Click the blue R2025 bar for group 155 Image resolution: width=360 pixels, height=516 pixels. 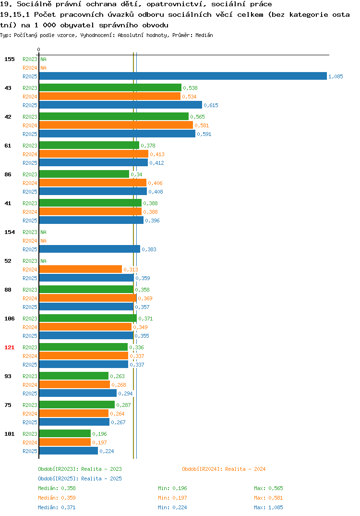pyautogui.click(x=183, y=76)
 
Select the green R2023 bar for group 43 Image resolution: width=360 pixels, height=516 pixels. pyautogui.click(x=110, y=87)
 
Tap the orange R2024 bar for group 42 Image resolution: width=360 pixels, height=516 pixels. pyautogui.click(x=116, y=125)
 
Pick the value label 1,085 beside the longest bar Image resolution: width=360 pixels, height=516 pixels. pyautogui.click(x=336, y=76)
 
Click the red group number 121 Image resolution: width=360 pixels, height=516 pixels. pyautogui.click(x=10, y=347)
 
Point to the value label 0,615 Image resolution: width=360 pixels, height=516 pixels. pyautogui.click(x=211, y=105)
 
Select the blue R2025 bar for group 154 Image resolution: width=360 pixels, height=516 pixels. pyautogui.click(x=89, y=249)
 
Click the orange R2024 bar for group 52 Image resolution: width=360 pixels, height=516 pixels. pyautogui.click(x=81, y=269)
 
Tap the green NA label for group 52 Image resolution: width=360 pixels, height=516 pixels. pyautogui.click(x=43, y=261)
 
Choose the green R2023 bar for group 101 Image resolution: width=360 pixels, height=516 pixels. pyautogui.click(x=65, y=433)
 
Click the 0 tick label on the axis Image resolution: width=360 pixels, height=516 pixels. pyautogui.click(x=38, y=49)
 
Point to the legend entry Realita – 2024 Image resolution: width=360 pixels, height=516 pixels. pyautogui.click(x=224, y=469)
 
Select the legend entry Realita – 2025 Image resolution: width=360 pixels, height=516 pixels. pyautogui.click(x=80, y=479)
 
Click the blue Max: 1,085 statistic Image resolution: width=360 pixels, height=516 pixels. pyautogui.click(x=268, y=507)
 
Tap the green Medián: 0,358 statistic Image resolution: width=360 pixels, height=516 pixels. pyautogui.click(x=57, y=488)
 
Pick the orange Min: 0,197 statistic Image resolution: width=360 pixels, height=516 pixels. pyautogui.click(x=172, y=498)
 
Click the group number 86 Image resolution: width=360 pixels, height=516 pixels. pyautogui.click(x=8, y=174)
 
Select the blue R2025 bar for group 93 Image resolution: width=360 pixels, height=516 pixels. pyautogui.click(x=78, y=393)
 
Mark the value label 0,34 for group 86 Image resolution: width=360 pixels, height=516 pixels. pyautogui.click(x=136, y=174)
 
